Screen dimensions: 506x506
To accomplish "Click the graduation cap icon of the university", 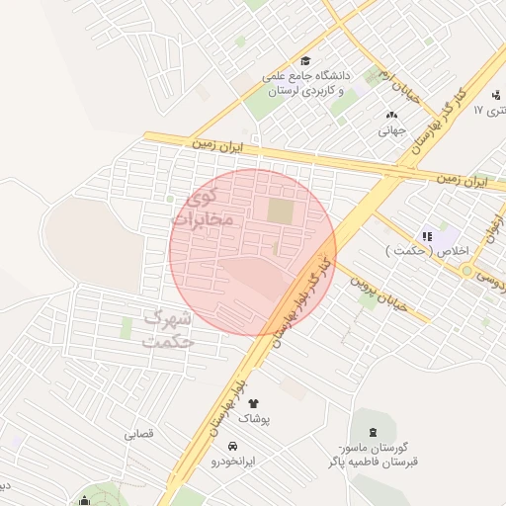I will pyautogui.click(x=304, y=60).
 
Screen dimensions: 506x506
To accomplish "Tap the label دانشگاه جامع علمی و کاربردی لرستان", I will pyautogui.click(x=304, y=84).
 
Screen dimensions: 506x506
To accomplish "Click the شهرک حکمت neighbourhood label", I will pyautogui.click(x=169, y=330).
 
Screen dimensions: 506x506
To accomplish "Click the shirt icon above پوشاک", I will pyautogui.click(x=253, y=403).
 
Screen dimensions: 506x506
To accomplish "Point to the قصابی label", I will pyautogui.click(x=139, y=434).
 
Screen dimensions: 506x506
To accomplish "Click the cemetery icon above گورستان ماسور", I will pyautogui.click(x=373, y=432).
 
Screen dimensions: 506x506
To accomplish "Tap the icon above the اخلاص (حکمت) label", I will pyautogui.click(x=427, y=236).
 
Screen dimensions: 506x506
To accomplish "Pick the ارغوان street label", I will pyautogui.click(x=491, y=228).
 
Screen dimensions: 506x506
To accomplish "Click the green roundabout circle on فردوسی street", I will pyautogui.click(x=466, y=270).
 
